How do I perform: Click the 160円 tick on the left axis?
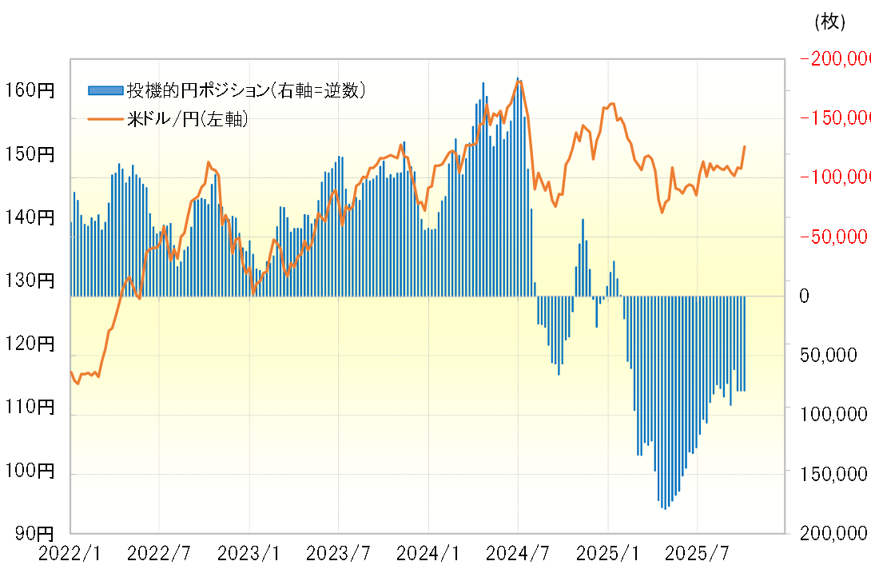pos(29,91)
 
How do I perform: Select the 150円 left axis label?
pos(29,154)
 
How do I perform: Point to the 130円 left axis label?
pos(29,281)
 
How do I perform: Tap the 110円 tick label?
pos(29,408)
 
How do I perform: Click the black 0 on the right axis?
pos(805,296)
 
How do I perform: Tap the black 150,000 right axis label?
pos(830,475)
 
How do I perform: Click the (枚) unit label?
pos(829,22)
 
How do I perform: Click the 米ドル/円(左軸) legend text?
pos(187,120)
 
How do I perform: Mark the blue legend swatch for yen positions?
pos(105,90)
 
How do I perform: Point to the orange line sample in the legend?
pos(105,120)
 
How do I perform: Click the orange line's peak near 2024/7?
pos(519,82)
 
